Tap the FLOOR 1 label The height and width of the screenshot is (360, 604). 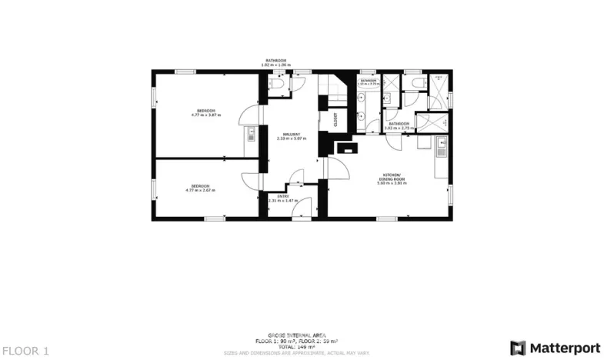click(x=25, y=351)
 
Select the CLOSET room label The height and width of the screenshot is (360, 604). click(x=335, y=120)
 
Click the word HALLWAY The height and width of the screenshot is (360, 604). click(x=291, y=134)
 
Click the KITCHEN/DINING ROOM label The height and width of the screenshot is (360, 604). click(x=391, y=177)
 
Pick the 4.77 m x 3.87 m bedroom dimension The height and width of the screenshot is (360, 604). click(x=206, y=115)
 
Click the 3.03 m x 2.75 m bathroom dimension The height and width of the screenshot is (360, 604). click(x=399, y=128)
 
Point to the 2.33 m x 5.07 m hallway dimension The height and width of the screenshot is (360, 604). click(x=292, y=138)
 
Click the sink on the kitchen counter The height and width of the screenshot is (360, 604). click(x=441, y=143)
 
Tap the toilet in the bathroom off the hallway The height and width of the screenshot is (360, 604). click(x=276, y=87)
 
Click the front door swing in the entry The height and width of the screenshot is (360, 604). click(x=303, y=206)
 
